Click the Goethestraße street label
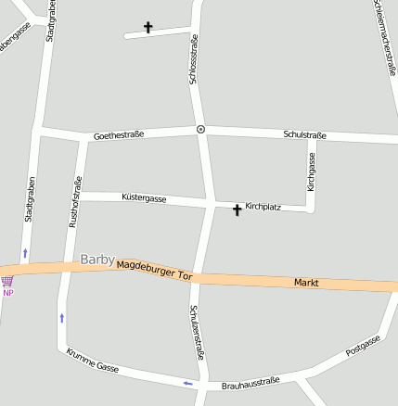coord(119,135)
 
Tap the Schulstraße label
coord(304,135)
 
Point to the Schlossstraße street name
coord(194,59)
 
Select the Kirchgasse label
coord(312,172)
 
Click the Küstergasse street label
coord(144,198)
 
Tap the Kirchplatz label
coord(263,206)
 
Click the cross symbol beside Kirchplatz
coord(237,210)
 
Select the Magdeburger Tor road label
coord(154,270)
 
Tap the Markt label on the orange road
coord(306,282)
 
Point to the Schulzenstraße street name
coord(196,332)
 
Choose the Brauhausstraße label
coord(250,383)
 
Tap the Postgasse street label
coord(363,346)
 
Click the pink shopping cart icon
coord(7,281)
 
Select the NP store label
coord(8,293)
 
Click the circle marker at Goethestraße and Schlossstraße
coord(200,129)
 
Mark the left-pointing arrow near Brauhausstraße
coord(187,383)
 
